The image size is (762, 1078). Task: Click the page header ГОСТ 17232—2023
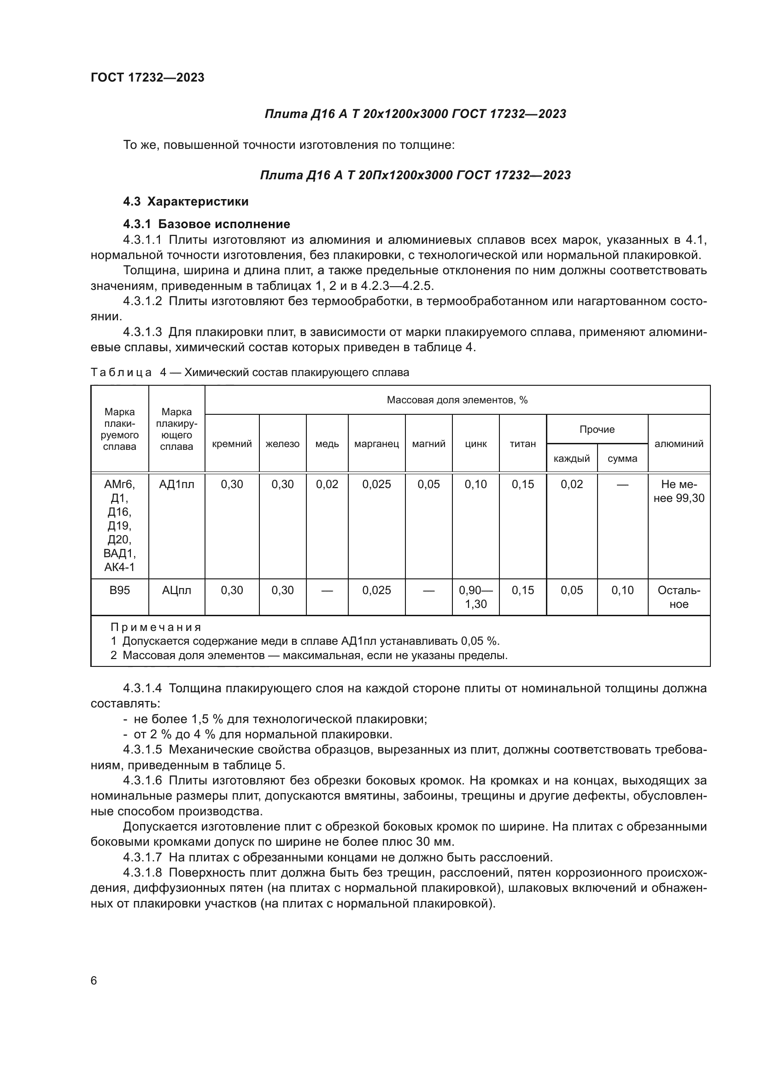[147, 77]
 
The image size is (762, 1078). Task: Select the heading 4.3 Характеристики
[186, 201]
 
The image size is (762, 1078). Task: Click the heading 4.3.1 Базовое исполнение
[206, 224]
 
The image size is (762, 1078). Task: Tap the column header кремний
[232, 444]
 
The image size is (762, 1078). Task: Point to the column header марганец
[376, 444]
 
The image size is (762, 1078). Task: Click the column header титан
[523, 444]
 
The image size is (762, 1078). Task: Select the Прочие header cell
[597, 429]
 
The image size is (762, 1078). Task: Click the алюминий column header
[679, 444]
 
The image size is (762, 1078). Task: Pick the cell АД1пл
[176, 484]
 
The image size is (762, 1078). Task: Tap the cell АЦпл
[176, 590]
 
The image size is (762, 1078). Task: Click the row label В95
[120, 590]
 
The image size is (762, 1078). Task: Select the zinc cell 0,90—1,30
[476, 597]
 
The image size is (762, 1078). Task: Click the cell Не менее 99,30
[679, 491]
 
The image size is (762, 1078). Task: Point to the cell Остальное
[679, 597]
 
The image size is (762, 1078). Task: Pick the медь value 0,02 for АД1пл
[327, 484]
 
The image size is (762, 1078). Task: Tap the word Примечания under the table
[156, 627]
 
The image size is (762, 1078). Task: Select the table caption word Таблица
[121, 372]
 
